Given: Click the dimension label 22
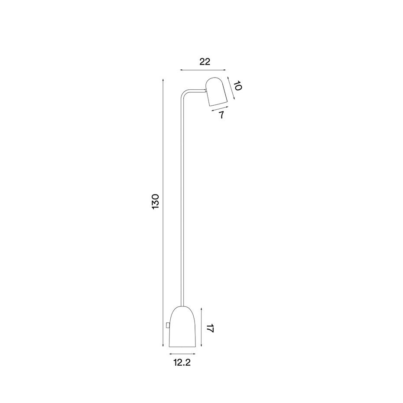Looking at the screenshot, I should click(x=205, y=62).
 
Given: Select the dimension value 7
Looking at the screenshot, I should click(x=221, y=115).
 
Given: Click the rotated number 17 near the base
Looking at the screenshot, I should click(x=210, y=328).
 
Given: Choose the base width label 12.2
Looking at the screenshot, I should click(x=182, y=363).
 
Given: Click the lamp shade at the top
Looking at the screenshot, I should click(x=217, y=92).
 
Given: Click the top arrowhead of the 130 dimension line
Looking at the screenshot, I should click(x=163, y=80).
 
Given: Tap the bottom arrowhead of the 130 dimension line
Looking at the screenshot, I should click(x=163, y=345).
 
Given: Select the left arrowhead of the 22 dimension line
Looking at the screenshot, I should click(x=182, y=69).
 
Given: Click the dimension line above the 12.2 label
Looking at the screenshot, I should click(x=182, y=354).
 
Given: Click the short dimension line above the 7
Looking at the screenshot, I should click(x=220, y=109).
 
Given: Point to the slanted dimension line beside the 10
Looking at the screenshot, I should click(x=230, y=89).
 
